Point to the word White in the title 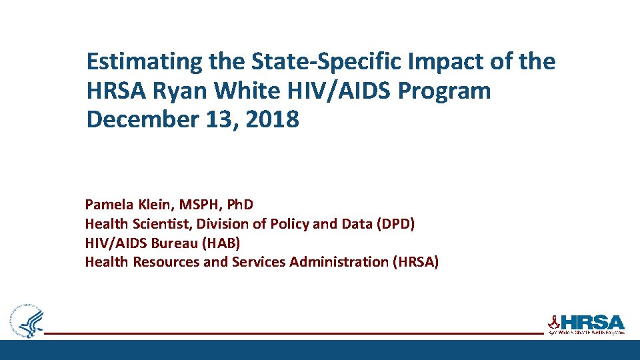(x=242, y=91)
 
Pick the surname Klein (x=155, y=204)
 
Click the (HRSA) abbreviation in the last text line (x=416, y=262)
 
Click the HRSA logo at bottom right (x=586, y=323)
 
